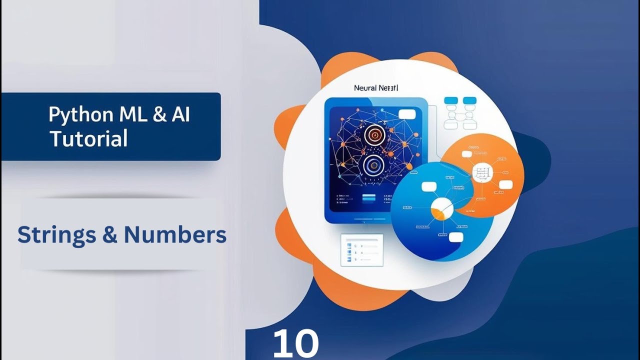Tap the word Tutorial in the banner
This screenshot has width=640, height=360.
[x=89, y=139]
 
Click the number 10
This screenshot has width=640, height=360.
[x=295, y=344]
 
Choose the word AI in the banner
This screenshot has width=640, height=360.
[x=180, y=115]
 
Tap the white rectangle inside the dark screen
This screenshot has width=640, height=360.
[x=407, y=114]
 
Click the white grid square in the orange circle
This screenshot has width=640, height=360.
[x=482, y=173]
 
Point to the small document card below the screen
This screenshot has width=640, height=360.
[x=361, y=249]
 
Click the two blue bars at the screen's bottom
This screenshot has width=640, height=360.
[x=368, y=198]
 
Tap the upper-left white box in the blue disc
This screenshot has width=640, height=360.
[x=429, y=186]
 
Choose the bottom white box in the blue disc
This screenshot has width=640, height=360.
[x=456, y=237]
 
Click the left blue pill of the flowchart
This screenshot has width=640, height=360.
[x=451, y=100]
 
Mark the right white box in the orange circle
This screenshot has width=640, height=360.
[x=506, y=185]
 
